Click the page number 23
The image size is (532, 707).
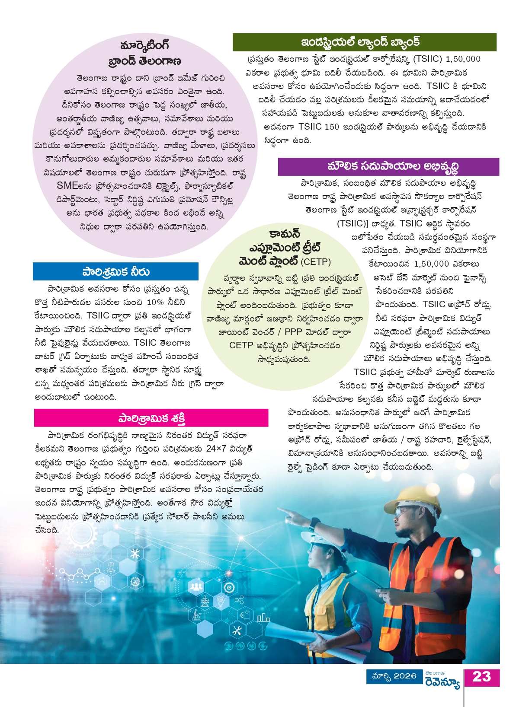481,677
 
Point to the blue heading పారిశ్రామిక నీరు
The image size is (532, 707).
115,272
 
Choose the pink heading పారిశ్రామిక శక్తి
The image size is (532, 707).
151,418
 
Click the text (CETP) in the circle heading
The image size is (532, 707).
316,262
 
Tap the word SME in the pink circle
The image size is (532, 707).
68,186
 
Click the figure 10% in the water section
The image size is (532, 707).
155,302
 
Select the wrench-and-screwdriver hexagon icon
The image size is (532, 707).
237,630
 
